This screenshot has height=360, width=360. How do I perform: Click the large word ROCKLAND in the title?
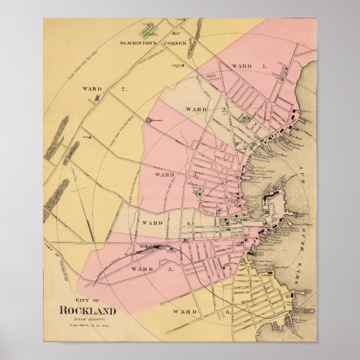(x=87, y=311)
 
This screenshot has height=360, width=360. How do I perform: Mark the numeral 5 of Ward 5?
(x=171, y=269)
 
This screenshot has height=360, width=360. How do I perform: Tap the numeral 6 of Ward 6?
(x=212, y=311)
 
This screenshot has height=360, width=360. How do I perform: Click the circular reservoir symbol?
(x=148, y=120)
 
